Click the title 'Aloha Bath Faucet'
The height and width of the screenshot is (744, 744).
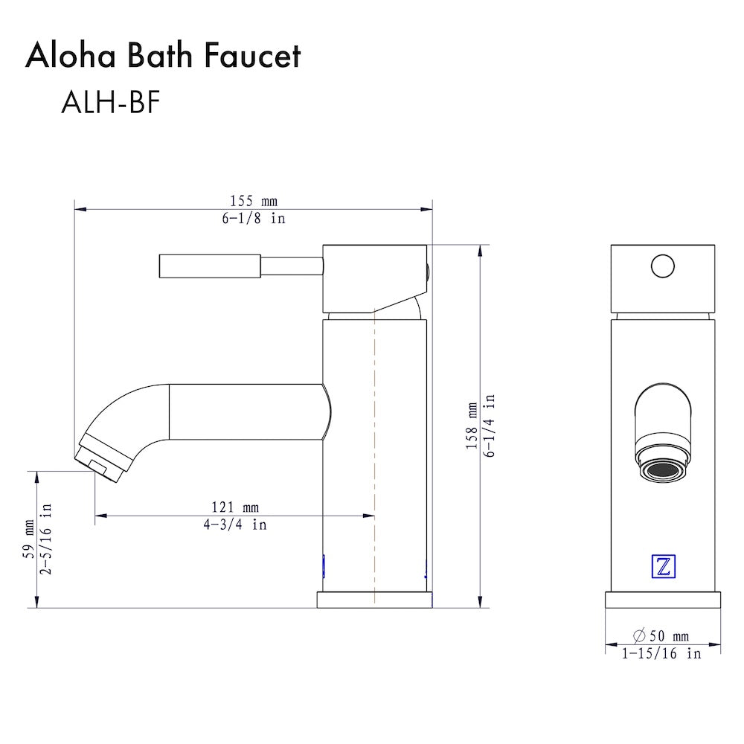click(x=163, y=57)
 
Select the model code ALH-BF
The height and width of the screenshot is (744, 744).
click(x=111, y=103)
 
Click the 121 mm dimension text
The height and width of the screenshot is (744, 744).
click(x=235, y=507)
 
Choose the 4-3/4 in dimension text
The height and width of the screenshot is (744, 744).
click(x=235, y=525)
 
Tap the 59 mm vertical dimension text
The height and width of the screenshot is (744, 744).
click(x=28, y=539)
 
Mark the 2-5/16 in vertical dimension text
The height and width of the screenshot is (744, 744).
click(x=46, y=539)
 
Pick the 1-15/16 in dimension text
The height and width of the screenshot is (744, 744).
click(x=661, y=654)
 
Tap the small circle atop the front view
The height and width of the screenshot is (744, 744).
click(x=662, y=266)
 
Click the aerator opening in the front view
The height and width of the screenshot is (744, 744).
click(x=663, y=470)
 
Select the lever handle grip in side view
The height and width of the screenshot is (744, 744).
click(x=209, y=266)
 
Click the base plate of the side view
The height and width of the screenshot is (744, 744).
click(x=375, y=600)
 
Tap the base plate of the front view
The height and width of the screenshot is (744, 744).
click(x=663, y=600)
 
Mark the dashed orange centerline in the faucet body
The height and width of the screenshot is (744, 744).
click(x=374, y=446)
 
